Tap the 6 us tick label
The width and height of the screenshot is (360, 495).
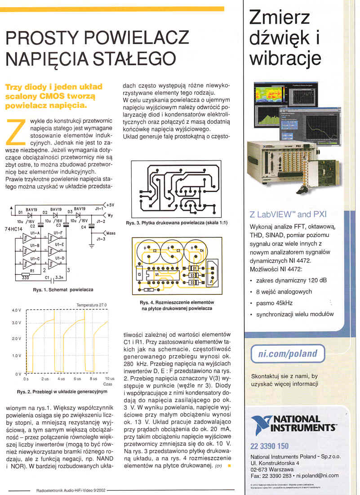[x=77, y=379]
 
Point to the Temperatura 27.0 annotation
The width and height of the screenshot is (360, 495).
[x=92, y=305]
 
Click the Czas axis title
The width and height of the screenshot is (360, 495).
[x=108, y=385]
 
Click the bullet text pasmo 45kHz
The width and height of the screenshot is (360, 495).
[x=274, y=303]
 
